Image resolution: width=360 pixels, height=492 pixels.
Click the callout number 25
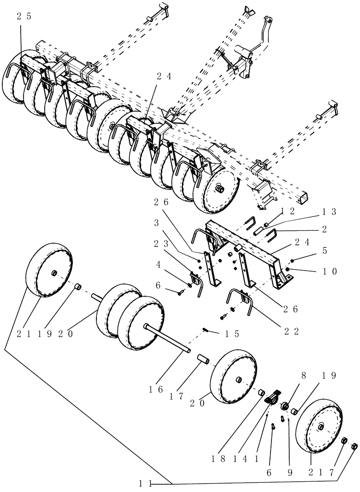[24, 16]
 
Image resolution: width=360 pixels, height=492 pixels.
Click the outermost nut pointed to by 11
[355, 446]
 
